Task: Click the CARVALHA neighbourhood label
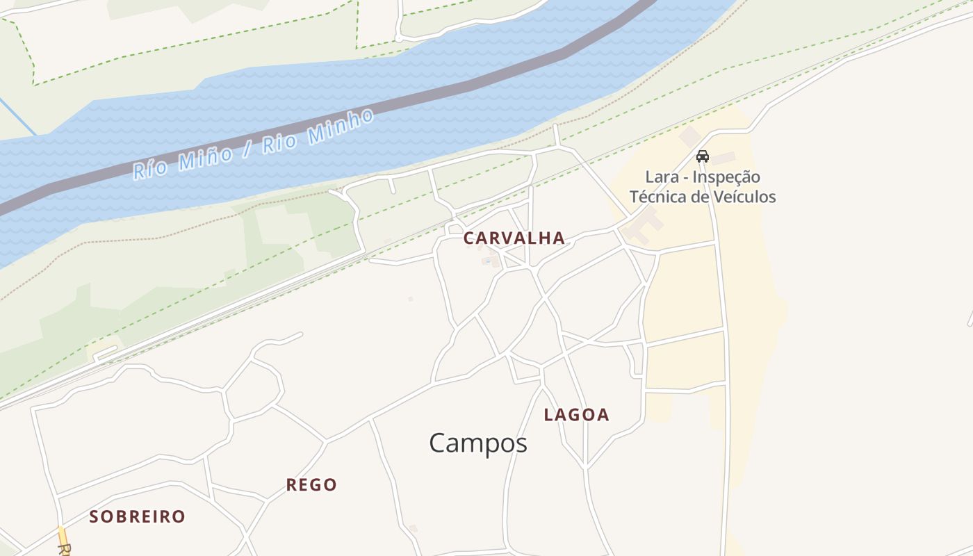pyautogui.click(x=514, y=238)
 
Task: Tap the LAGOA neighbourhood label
pyautogui.click(x=576, y=415)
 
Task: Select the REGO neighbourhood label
pyautogui.click(x=311, y=485)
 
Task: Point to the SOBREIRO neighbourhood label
pyautogui.click(x=138, y=516)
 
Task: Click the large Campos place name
pyautogui.click(x=478, y=443)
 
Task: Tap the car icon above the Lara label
pyautogui.click(x=702, y=156)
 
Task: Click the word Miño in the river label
pyautogui.click(x=206, y=158)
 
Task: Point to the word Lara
pyautogui.click(x=662, y=177)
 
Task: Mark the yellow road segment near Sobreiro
pyautogui.click(x=63, y=535)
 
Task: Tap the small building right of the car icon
pyautogui.click(x=723, y=158)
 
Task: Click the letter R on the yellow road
pyautogui.click(x=63, y=550)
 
